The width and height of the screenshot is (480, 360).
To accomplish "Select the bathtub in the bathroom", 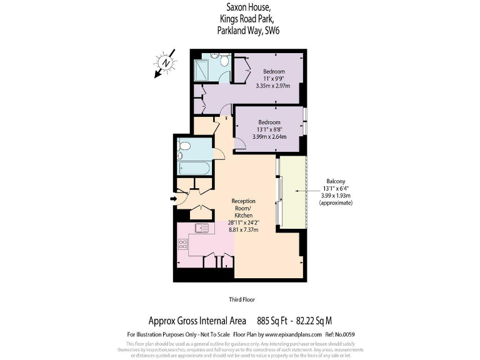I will (x=195, y=167).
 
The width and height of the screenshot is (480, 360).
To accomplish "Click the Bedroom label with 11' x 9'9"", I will (x=273, y=72).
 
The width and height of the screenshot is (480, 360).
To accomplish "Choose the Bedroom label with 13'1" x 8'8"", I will (x=269, y=122).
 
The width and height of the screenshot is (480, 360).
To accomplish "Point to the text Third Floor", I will (x=241, y=300).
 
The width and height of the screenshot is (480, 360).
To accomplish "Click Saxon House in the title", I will (x=248, y=7).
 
